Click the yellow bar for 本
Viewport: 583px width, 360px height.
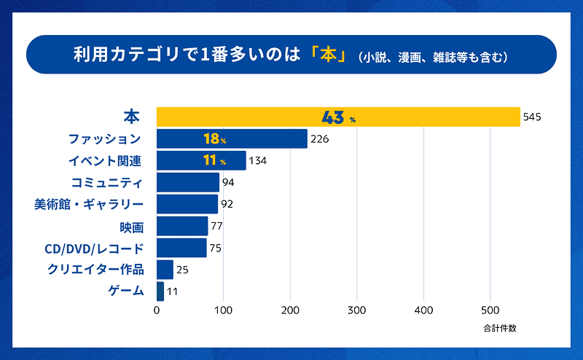tap(338, 117)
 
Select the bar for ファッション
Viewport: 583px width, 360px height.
tap(232, 138)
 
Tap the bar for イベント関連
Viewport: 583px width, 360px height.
tap(201, 160)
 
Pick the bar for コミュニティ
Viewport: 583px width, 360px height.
tap(188, 182)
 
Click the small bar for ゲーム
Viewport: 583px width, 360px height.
tap(160, 291)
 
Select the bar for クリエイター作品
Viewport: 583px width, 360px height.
tap(165, 270)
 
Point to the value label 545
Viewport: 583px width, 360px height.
tap(533, 117)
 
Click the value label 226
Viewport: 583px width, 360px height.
tap(320, 138)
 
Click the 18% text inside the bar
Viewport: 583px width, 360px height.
tap(215, 138)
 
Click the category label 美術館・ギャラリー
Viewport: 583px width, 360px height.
tap(89, 204)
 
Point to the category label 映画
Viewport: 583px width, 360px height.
tap(132, 226)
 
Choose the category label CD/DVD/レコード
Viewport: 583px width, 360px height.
tap(94, 248)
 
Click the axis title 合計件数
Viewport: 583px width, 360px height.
tap(499, 328)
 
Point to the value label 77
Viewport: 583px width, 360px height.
tap(216, 226)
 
